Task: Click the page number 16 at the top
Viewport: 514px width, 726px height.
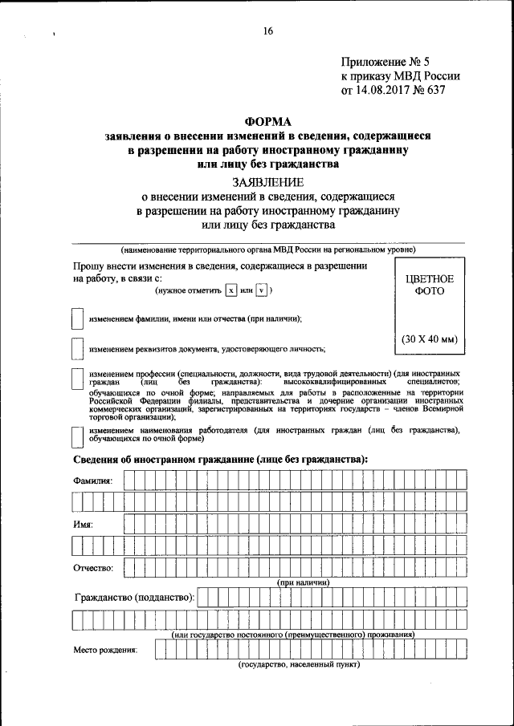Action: click(x=268, y=31)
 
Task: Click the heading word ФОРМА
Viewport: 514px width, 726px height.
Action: click(x=268, y=121)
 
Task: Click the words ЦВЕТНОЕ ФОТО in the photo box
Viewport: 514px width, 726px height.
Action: click(x=429, y=286)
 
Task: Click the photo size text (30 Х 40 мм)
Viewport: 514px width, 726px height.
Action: click(x=429, y=339)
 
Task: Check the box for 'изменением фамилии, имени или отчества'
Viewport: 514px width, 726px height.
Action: click(x=76, y=319)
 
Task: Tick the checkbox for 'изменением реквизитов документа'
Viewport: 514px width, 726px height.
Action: click(x=76, y=349)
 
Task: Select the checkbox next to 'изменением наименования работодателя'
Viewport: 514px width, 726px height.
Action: click(x=76, y=436)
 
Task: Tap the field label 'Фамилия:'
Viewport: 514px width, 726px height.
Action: click(x=93, y=480)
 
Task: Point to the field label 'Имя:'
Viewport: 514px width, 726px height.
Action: click(x=83, y=524)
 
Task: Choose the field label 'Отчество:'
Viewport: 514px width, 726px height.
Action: click(x=93, y=568)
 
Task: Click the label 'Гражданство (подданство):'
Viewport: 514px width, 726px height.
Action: click(x=134, y=598)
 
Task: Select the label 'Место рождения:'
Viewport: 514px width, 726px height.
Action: click(x=105, y=650)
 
